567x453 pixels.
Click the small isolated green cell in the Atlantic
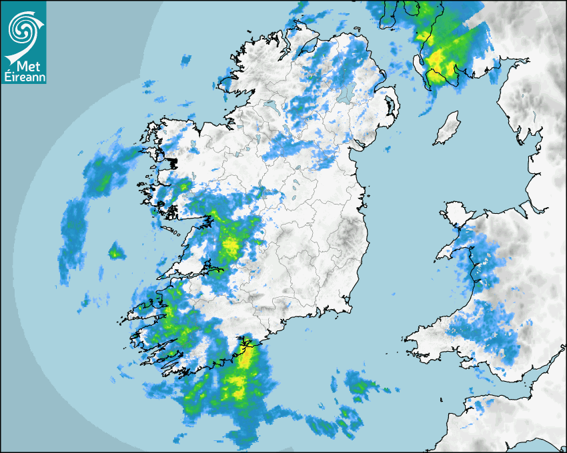point(117,252)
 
